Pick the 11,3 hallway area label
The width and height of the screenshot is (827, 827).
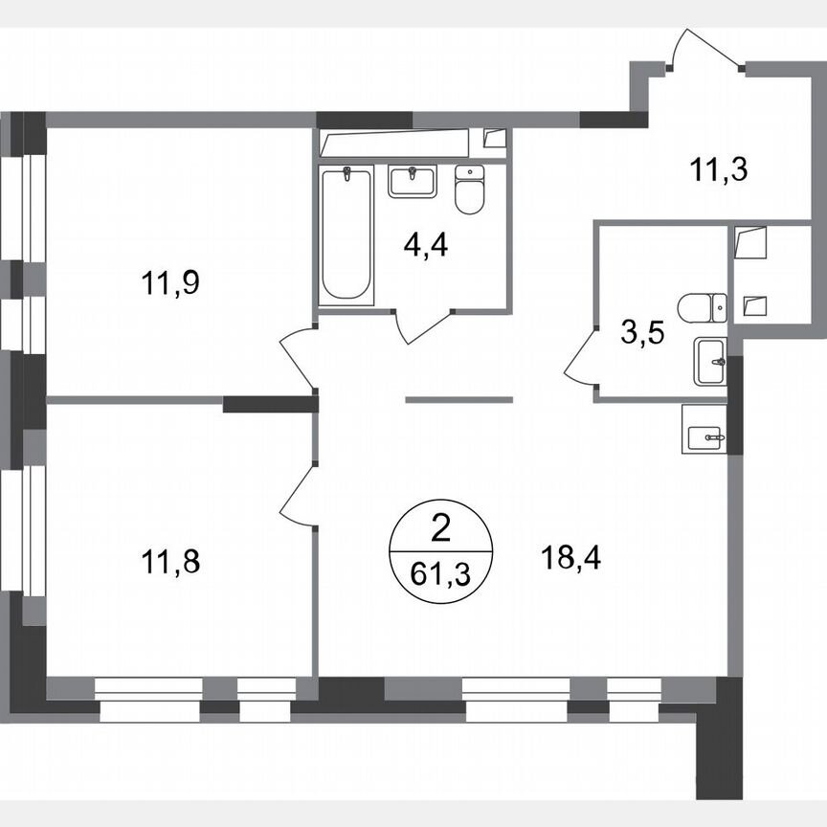click(x=718, y=170)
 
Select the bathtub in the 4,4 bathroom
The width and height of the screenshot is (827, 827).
click(x=346, y=235)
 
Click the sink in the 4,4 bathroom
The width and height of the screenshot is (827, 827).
click(x=412, y=180)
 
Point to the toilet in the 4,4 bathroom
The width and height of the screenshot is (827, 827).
click(x=469, y=190)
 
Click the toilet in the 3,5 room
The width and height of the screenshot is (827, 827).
click(x=702, y=308)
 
